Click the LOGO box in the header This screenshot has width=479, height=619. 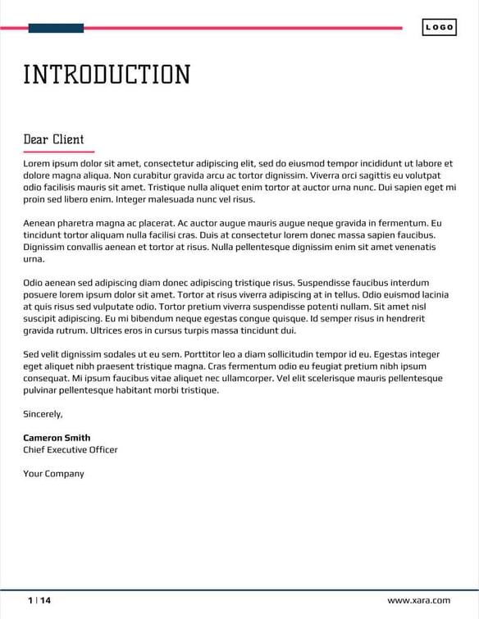[440, 28]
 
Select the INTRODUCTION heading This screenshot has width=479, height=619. [107, 75]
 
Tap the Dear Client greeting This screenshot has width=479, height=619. [53, 139]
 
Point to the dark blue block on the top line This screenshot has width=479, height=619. [56, 28]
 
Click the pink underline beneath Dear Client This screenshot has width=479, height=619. [59, 152]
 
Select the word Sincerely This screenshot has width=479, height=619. [43, 414]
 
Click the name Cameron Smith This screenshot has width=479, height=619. [57, 438]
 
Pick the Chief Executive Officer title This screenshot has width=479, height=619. [71, 449]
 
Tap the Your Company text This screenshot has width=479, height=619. [53, 473]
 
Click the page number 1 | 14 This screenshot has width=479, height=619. [39, 600]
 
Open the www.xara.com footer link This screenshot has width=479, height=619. [418, 600]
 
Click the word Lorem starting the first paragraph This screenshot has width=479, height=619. [37, 163]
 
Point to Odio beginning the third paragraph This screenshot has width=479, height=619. [34, 283]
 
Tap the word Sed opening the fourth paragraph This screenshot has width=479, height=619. [32, 354]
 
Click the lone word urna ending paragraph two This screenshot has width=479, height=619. [34, 259]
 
